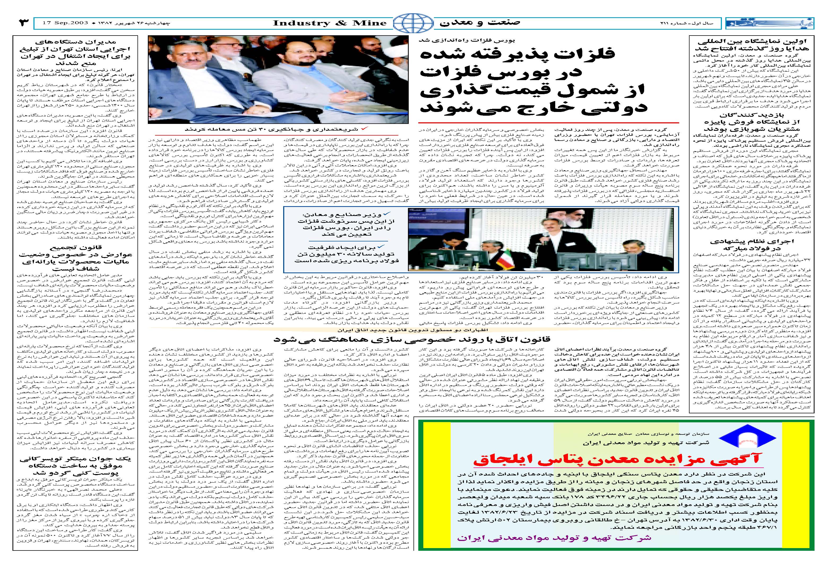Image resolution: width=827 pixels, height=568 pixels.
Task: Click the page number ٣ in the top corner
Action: pos(24,23)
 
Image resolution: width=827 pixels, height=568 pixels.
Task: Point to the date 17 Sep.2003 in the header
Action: pos(65,23)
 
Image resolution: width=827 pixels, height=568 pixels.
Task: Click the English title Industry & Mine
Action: pos(330,23)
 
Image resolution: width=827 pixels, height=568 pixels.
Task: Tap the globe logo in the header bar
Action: pos(413,23)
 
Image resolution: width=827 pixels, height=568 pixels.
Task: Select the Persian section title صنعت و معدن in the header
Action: pos(480,23)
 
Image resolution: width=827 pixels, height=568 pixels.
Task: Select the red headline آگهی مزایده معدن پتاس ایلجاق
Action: pos(616,459)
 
